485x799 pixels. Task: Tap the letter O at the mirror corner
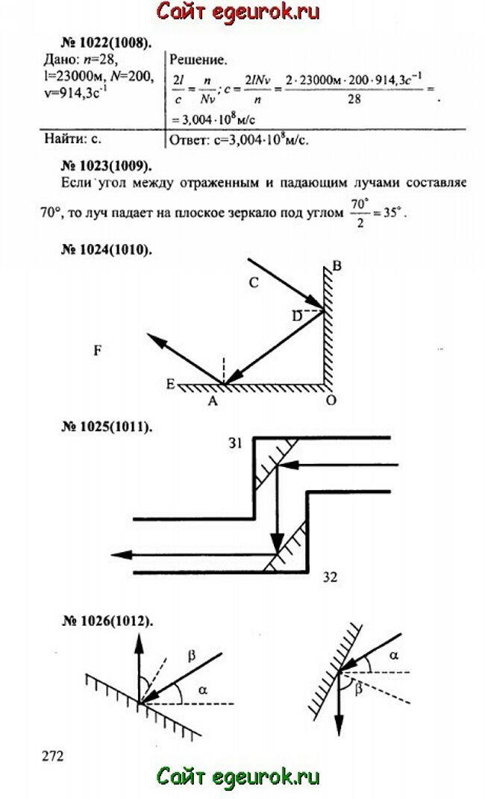click(x=331, y=401)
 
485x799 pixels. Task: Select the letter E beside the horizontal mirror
click(x=170, y=384)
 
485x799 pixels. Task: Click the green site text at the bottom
click(x=238, y=777)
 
